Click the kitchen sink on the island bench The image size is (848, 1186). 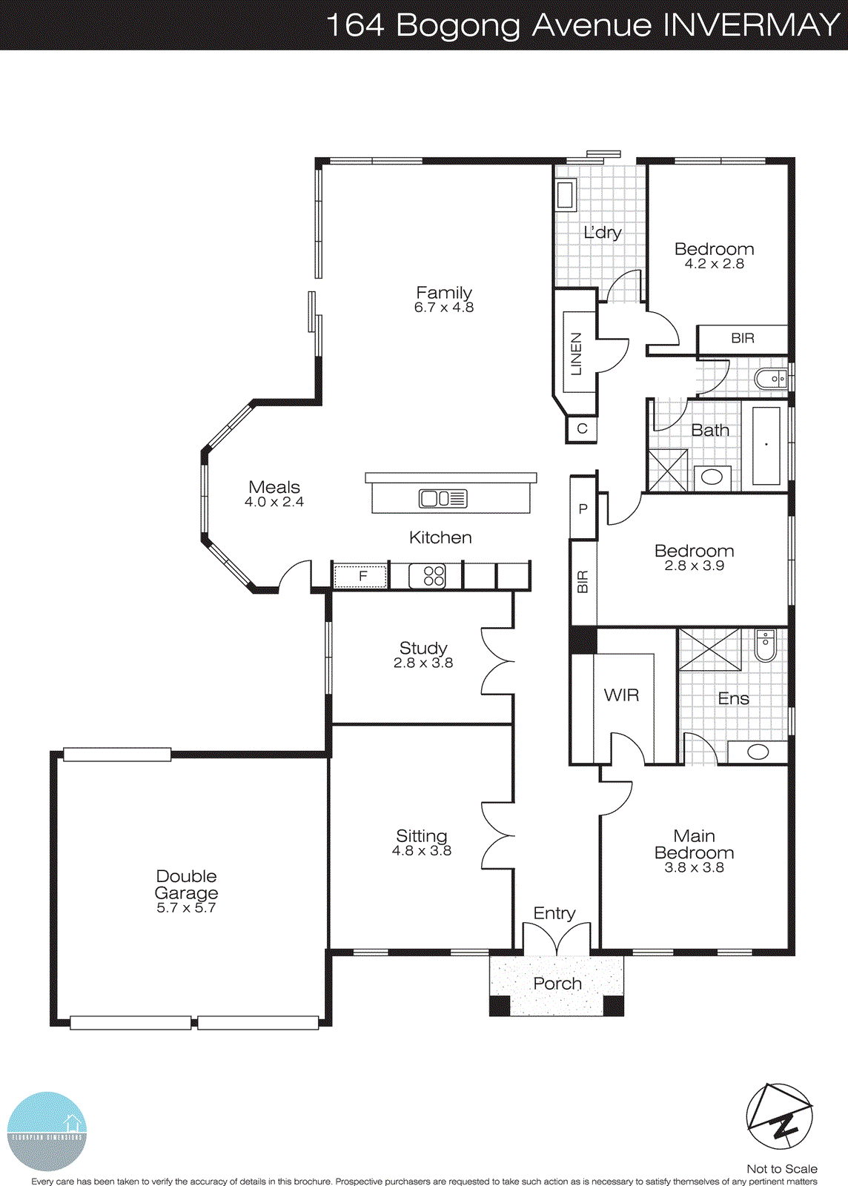(x=443, y=499)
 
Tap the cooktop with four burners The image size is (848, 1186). (x=434, y=576)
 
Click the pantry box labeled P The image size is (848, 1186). (x=583, y=508)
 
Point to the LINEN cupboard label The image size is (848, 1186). (x=576, y=354)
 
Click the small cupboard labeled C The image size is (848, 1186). (x=582, y=428)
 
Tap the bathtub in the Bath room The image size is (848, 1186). (x=766, y=445)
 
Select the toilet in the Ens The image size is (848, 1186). (x=765, y=645)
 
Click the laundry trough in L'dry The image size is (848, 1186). (x=566, y=194)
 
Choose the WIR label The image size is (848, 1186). (x=621, y=695)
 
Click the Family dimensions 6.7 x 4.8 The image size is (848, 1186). (x=444, y=308)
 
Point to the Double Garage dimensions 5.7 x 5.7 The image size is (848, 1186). (x=186, y=908)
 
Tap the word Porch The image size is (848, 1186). (x=557, y=984)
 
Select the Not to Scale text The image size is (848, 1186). (x=782, y=1169)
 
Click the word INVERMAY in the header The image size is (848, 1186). (x=751, y=25)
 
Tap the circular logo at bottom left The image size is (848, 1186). (x=47, y=1131)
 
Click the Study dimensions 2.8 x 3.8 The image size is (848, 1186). (x=423, y=663)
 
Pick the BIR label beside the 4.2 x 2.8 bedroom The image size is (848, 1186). (x=743, y=339)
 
